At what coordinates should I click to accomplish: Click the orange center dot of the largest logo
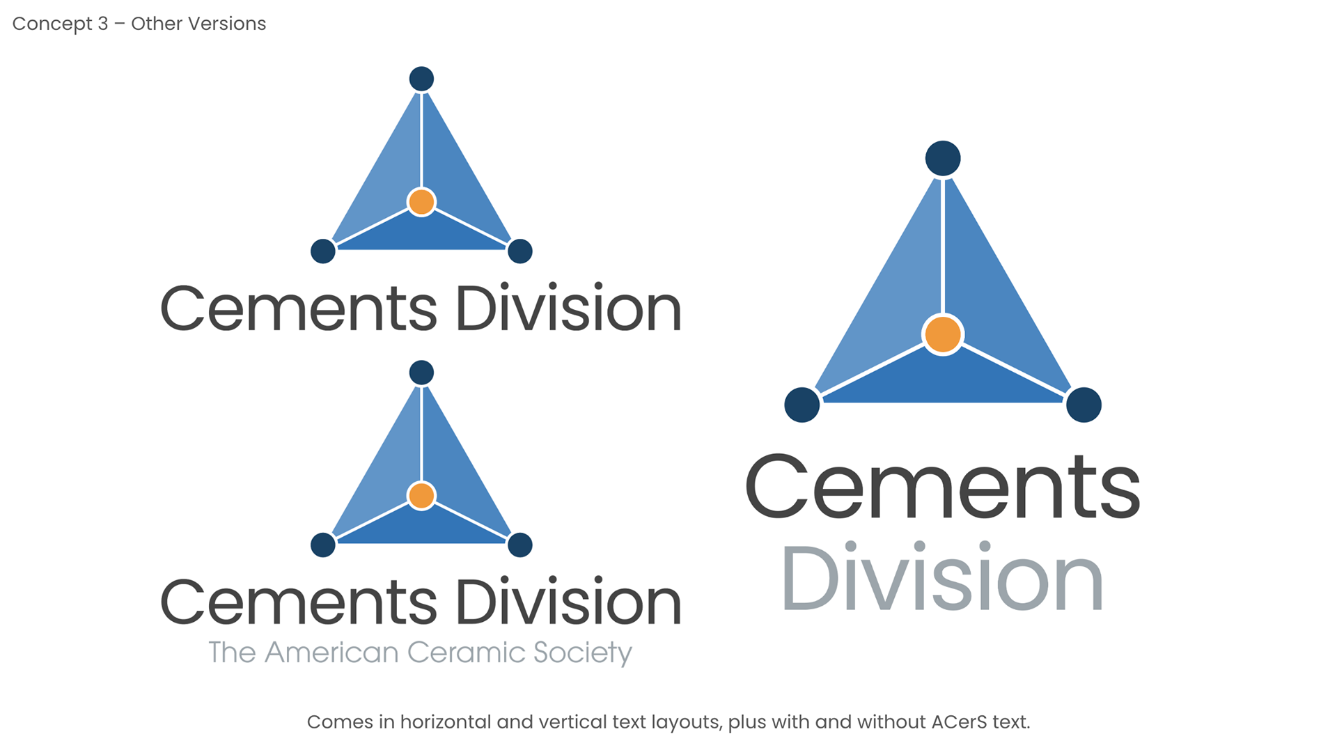[x=942, y=334]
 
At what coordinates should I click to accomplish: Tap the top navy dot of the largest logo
[x=942, y=159]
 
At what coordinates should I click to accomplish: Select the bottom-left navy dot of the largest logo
[x=802, y=405]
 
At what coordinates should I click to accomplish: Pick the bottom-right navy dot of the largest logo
[x=1084, y=405]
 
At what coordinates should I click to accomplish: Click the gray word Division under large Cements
[x=942, y=579]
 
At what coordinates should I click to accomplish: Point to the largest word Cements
[x=942, y=487]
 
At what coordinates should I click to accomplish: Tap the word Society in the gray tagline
[x=582, y=653]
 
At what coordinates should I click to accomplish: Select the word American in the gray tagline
[x=331, y=653]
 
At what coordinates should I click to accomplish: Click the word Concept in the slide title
[x=52, y=24]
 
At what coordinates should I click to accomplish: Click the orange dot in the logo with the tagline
[x=421, y=496]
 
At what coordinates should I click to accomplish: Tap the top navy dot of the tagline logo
[x=421, y=373]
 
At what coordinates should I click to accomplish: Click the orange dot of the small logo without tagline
[x=421, y=202]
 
